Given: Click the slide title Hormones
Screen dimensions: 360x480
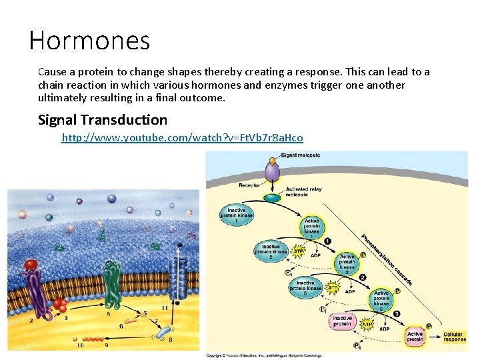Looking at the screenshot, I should tap(89, 41).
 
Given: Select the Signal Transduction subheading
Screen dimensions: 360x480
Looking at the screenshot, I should tap(103, 120).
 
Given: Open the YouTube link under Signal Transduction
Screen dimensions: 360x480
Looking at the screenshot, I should tap(182, 138).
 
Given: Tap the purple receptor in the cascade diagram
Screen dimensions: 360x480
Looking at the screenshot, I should tap(273, 172).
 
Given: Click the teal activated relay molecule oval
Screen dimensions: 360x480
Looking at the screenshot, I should tap(273, 198).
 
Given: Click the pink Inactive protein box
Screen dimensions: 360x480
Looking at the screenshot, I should tap(343, 322).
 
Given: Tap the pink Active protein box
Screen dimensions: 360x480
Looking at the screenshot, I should tap(415, 337).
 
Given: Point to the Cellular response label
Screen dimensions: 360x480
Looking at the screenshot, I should tap(455, 337).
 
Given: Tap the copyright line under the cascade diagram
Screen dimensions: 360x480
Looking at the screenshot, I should tap(263, 355).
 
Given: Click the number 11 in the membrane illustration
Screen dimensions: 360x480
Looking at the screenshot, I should tap(165, 308).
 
